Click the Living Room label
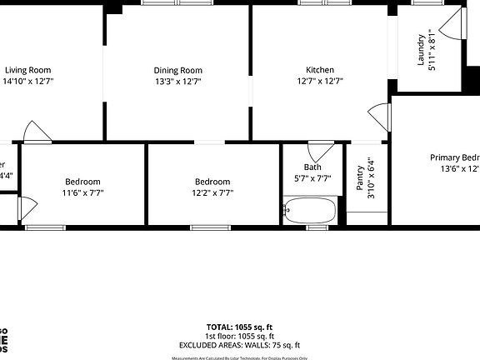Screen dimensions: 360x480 coord(28,70)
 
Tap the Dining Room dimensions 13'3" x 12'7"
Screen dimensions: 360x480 coord(177,82)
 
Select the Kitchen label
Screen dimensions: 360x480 coord(320,70)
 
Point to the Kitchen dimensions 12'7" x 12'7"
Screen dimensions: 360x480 coord(320,82)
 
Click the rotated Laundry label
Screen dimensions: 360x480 coord(421,52)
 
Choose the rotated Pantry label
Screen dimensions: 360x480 coord(361,177)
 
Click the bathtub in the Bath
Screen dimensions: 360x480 coord(309,211)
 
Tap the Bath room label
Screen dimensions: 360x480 coord(312,167)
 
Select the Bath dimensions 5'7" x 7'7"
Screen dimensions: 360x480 coord(312,178)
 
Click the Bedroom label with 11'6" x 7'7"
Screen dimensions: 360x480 coord(82,182)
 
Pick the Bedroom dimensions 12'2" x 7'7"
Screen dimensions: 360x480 coord(212,193)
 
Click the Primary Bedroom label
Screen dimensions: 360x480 coord(454,157)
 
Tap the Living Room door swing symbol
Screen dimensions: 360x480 coord(38,131)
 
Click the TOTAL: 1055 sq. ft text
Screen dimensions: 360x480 coord(239,327)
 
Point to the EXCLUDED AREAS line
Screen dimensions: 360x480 coord(239,345)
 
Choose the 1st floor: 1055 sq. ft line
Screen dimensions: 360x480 coord(239,336)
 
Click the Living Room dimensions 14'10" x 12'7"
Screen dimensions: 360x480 coord(28,82)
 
